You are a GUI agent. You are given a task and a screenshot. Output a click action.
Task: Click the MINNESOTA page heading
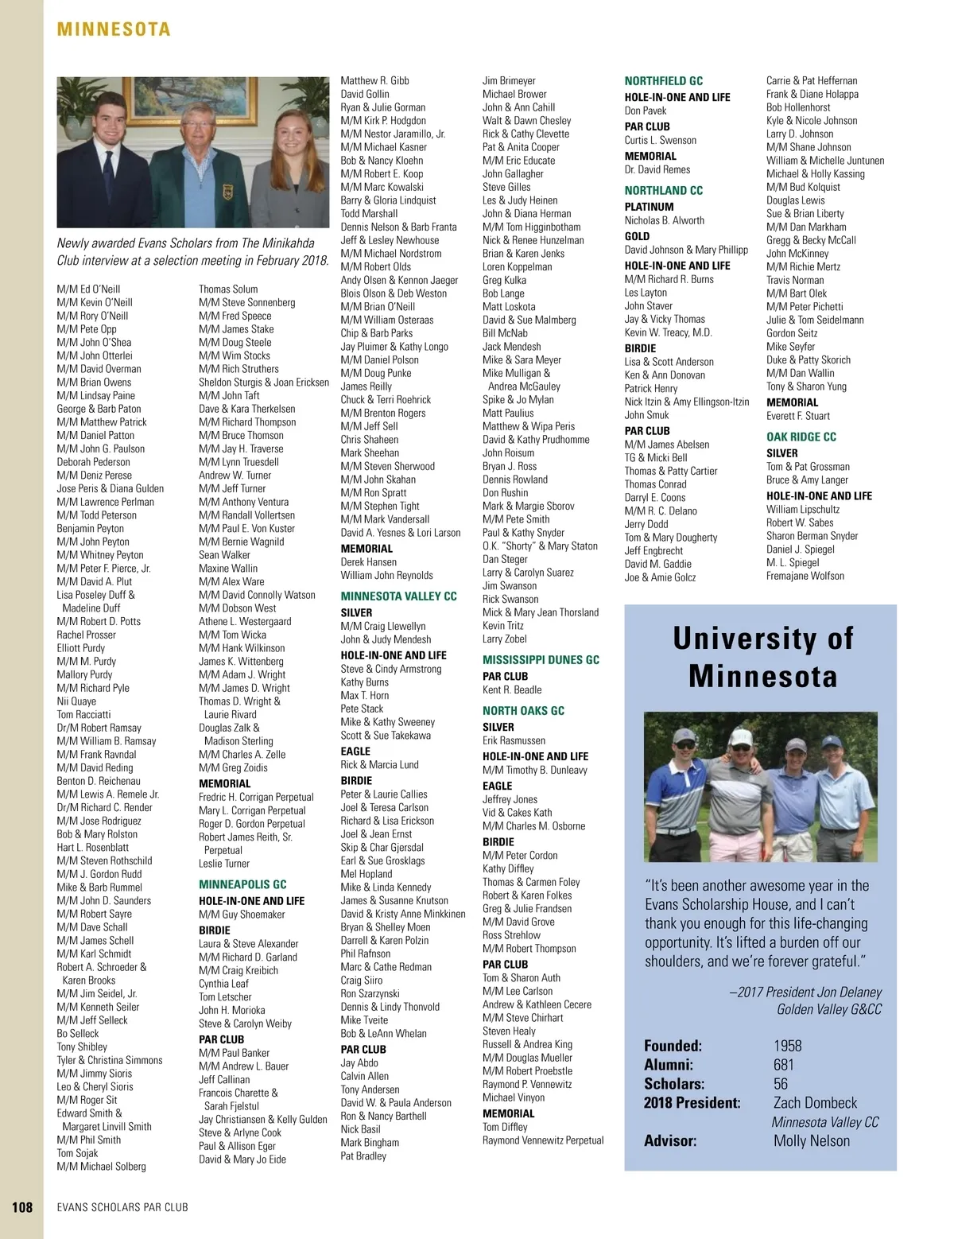(114, 30)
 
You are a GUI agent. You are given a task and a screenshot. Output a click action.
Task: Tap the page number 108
(22, 1206)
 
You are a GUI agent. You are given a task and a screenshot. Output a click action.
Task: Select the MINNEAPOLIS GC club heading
(242, 884)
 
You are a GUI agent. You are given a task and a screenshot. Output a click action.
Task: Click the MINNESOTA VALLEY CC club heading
(398, 596)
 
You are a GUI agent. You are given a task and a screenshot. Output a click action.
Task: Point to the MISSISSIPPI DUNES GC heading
(541, 660)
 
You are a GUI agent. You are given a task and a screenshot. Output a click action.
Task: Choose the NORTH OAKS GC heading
(523, 711)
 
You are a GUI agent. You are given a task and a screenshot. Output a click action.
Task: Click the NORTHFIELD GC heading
(663, 81)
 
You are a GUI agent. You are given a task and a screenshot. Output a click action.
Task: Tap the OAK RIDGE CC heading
(801, 437)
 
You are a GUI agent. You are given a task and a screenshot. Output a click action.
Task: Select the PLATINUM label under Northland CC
(649, 207)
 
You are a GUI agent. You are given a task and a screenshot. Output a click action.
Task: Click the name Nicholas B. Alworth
(664, 220)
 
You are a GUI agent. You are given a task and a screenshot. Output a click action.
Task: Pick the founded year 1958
(787, 1046)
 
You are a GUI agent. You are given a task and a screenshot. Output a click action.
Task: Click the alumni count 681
(783, 1065)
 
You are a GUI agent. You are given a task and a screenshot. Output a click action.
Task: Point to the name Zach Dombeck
(815, 1103)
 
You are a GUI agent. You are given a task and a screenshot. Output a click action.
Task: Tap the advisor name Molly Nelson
(811, 1141)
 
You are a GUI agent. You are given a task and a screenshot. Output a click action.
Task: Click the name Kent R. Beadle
(512, 690)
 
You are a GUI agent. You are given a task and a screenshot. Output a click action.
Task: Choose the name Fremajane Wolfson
(805, 576)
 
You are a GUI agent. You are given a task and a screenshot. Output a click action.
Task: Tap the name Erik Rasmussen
(514, 740)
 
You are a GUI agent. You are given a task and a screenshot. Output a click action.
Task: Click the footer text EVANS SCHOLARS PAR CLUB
(122, 1207)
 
